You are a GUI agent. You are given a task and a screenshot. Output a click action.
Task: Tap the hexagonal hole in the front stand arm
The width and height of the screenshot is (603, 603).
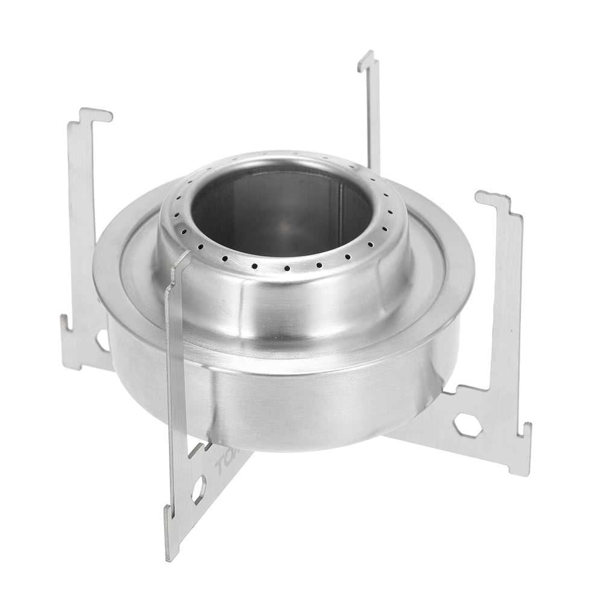click(198, 489)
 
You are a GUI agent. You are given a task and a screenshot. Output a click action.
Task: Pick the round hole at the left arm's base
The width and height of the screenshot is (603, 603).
click(102, 339)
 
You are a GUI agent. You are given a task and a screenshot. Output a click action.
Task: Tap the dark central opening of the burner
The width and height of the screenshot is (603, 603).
click(280, 211)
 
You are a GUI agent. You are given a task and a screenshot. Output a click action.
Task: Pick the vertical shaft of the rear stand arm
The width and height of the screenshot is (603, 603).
click(372, 115)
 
